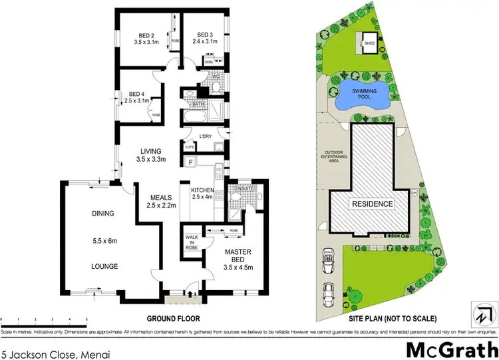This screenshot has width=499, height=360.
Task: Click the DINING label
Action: [x=104, y=214]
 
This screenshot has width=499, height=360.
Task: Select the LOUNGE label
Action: [x=104, y=266]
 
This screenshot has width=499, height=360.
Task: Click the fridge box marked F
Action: [x=191, y=162]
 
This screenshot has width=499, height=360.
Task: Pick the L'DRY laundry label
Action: [x=205, y=136]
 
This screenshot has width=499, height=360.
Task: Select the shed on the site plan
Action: [x=369, y=44]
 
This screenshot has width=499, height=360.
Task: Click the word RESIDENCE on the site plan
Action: [x=372, y=204]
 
